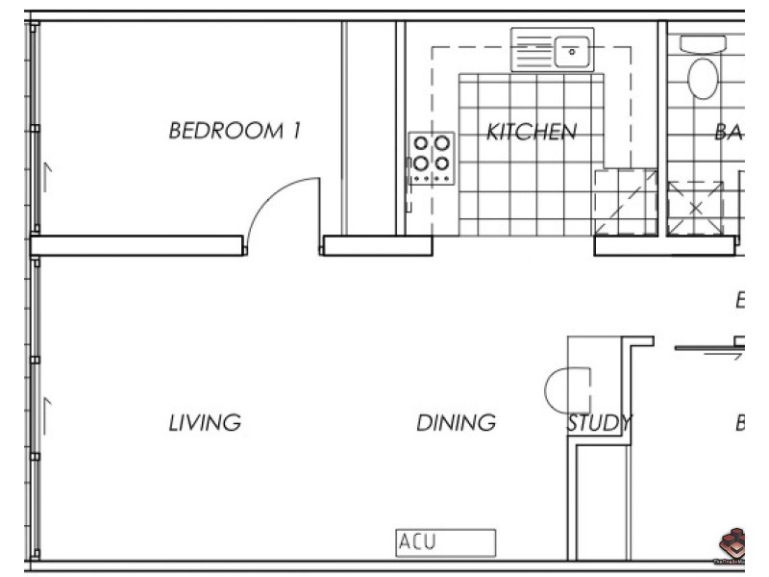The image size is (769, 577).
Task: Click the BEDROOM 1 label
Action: [235, 131]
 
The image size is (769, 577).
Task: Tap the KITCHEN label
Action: [532, 132]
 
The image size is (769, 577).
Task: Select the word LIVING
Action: [204, 422]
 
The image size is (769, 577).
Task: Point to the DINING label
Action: [456, 422]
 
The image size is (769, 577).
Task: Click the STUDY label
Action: [598, 422]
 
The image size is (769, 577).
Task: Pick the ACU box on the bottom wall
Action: [446, 542]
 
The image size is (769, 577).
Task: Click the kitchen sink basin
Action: [571, 49]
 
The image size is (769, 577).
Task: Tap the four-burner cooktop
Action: [432, 158]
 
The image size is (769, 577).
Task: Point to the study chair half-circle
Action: [557, 390]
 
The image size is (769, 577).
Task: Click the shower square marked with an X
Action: [696, 207]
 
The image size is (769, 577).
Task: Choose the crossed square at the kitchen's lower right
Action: [625, 203]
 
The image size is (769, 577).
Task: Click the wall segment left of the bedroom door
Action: [138, 245]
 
